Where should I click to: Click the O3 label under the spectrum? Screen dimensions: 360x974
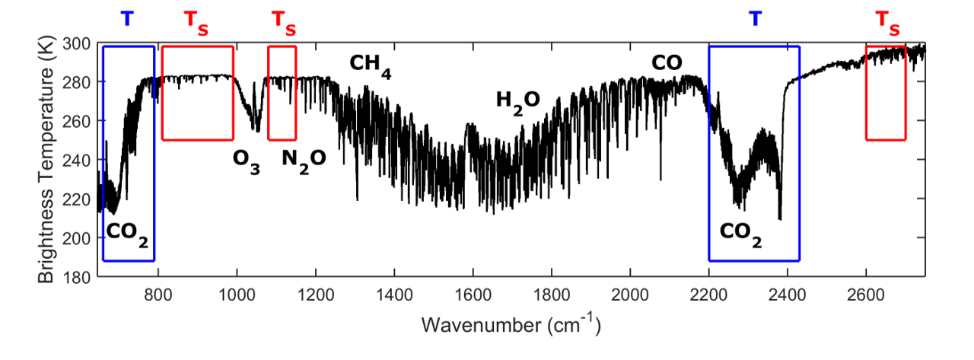pos(247,161)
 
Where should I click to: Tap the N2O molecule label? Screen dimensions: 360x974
pos(304,161)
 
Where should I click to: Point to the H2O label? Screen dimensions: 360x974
pos(517,100)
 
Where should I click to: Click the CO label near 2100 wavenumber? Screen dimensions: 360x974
pos(667,62)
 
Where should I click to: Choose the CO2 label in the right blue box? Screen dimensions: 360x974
pos(741,234)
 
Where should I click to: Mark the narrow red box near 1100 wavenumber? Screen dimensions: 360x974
pos(282,93)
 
